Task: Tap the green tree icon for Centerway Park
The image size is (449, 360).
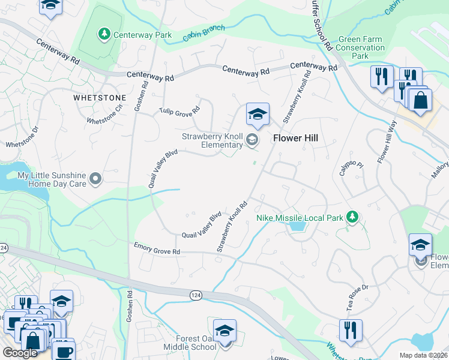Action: tap(104, 34)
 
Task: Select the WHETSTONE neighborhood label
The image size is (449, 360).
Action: tap(100, 97)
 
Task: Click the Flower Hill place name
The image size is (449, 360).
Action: tap(295, 138)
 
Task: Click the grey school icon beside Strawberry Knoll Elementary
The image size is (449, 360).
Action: tap(252, 141)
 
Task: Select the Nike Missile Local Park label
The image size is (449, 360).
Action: tap(301, 217)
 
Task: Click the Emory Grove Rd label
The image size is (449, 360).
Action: tap(157, 248)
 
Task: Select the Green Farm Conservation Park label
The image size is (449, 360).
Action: tap(361, 48)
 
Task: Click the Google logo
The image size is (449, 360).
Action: tap(20, 352)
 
